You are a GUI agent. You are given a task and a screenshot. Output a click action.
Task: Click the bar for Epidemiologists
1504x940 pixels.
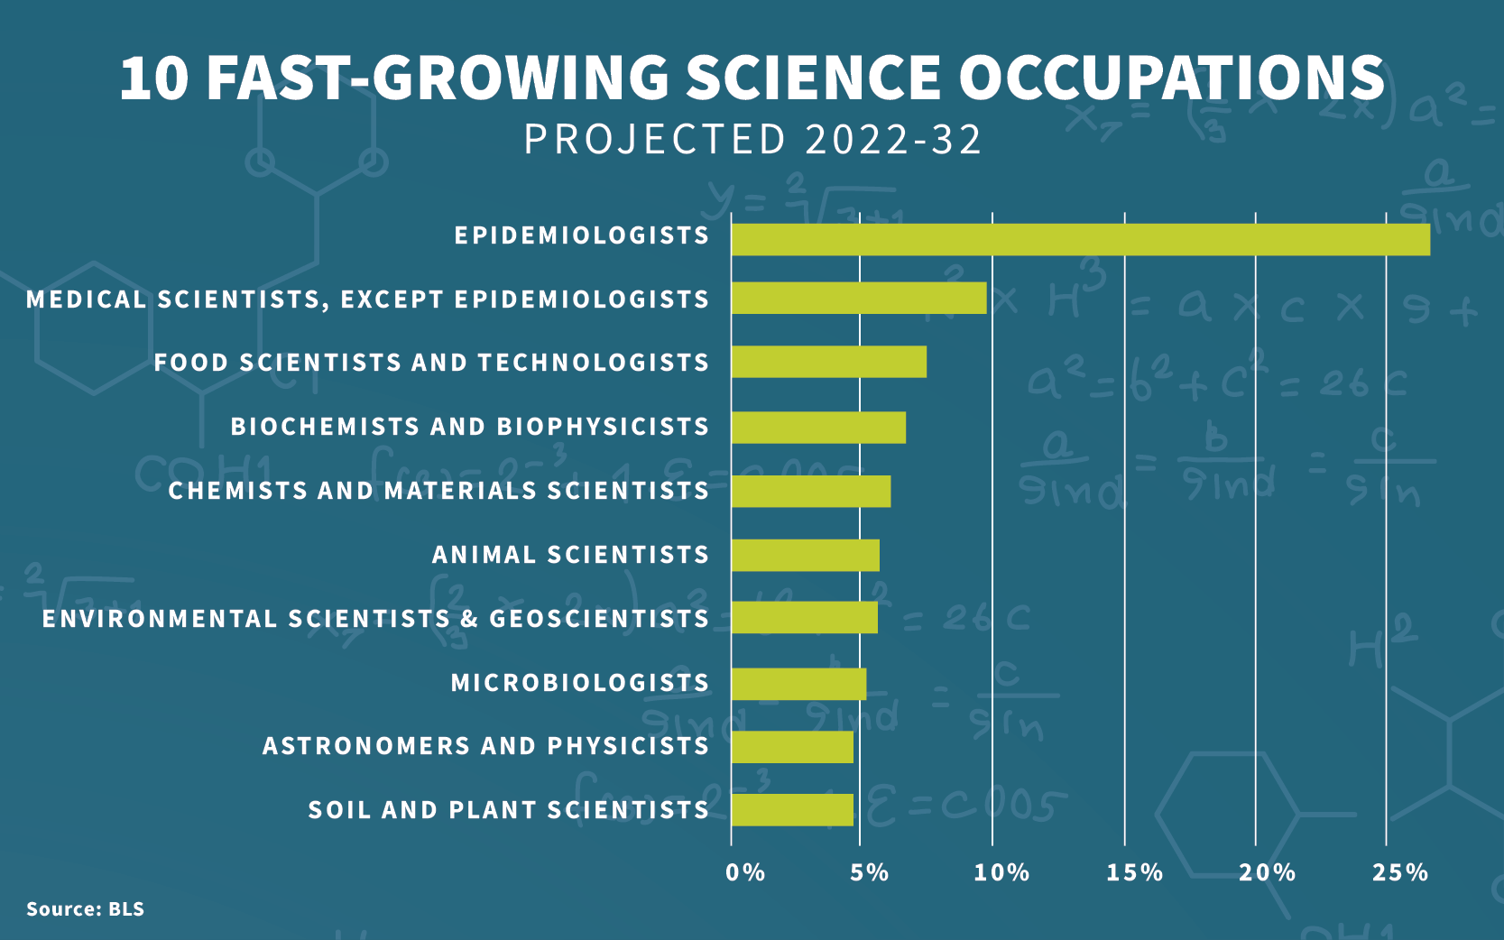(1080, 240)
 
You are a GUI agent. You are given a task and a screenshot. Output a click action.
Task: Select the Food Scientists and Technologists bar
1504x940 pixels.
(828, 362)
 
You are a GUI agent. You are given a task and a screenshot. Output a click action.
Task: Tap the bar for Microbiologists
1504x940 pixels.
(798, 684)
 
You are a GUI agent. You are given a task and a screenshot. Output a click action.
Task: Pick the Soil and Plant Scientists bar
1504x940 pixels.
(792, 810)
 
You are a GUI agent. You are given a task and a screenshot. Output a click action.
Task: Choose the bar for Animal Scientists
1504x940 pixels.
(805, 555)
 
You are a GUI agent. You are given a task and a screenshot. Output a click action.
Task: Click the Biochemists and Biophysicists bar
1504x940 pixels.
(818, 427)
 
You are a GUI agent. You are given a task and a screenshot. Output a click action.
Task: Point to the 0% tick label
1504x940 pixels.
(745, 872)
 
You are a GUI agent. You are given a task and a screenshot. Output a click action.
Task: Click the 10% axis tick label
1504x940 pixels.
(1001, 872)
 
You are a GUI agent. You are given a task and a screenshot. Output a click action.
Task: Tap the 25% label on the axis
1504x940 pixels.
(1400, 872)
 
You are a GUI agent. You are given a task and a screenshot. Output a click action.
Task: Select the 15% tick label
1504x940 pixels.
(1134, 872)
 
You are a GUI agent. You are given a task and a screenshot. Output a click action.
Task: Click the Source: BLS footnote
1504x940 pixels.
(85, 908)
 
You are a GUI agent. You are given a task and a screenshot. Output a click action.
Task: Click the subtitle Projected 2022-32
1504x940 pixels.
(752, 140)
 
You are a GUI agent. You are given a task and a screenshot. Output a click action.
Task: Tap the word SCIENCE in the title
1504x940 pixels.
(813, 78)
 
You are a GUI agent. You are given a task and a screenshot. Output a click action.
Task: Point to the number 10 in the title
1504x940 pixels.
(153, 78)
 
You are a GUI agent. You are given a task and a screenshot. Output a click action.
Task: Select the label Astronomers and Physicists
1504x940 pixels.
(485, 746)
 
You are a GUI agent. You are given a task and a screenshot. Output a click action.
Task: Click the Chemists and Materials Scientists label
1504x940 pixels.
(438, 491)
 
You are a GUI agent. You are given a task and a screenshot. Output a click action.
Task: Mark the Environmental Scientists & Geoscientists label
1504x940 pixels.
(375, 619)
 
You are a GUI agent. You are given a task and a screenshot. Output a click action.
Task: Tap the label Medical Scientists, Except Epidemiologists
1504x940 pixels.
(367, 300)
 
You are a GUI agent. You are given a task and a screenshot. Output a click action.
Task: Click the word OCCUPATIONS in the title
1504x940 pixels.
(1171, 78)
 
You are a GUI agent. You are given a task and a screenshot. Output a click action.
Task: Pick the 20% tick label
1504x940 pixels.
(1267, 872)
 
